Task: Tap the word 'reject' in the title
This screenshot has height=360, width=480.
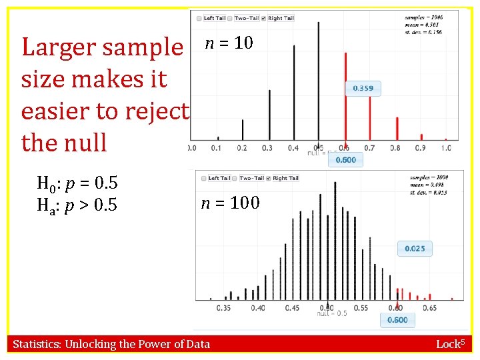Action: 155,111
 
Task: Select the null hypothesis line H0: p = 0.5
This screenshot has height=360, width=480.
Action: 77,183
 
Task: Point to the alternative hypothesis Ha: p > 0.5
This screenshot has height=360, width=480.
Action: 77,205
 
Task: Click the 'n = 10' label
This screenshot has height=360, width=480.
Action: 229,43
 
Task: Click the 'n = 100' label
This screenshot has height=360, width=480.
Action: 231,202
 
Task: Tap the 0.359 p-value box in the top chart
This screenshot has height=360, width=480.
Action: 363,89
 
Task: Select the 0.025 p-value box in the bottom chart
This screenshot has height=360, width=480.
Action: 415,249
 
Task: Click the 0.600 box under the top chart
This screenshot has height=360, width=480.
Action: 345,160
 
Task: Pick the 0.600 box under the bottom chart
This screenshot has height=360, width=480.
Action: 398,321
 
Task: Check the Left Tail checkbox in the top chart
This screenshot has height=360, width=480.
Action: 200,18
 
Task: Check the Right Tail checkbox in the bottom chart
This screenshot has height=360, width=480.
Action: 269,178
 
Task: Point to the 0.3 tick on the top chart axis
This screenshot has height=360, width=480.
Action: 267,147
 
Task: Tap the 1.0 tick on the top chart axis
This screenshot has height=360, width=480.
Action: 446,147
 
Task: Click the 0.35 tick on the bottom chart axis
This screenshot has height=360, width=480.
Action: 225,308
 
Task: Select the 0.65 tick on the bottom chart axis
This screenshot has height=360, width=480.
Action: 429,308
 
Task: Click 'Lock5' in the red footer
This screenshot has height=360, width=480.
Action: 453,344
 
